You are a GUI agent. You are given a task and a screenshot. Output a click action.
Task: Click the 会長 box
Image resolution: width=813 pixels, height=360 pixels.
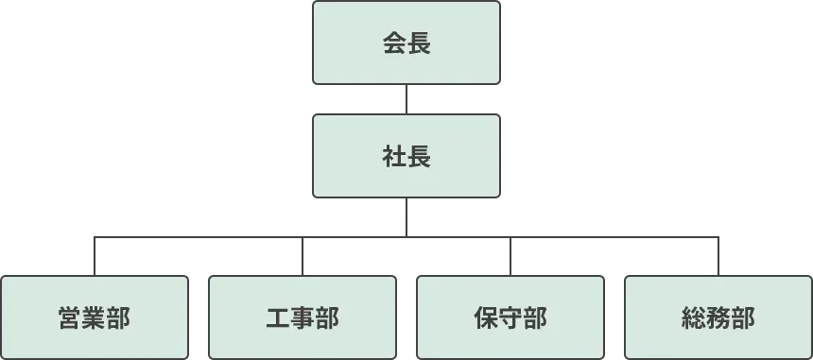[406, 43]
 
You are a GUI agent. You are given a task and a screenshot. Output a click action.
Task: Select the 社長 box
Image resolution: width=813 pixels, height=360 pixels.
[406, 156]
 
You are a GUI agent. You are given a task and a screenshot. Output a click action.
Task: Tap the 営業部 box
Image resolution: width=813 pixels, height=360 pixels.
[95, 317]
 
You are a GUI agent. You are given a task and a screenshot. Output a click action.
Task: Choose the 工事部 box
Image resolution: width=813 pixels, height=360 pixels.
[303, 317]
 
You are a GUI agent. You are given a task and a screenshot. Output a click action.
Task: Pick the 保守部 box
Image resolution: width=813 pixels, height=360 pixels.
[510, 317]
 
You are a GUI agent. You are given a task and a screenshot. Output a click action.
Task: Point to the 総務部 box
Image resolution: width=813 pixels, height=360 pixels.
[718, 317]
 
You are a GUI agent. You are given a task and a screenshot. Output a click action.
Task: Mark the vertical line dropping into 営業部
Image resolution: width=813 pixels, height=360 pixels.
[95, 257]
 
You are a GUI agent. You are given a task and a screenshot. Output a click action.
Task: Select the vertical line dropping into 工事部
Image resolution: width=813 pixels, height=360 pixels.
[303, 257]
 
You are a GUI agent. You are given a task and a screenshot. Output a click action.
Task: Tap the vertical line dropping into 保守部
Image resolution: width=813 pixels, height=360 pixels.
[510, 257]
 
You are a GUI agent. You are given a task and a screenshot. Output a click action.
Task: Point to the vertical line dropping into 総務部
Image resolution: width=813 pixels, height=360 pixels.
[718, 257]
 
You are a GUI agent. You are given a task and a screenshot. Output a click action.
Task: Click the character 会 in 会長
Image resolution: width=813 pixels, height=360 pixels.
[393, 43]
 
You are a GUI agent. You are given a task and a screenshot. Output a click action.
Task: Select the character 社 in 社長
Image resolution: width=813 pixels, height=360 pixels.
[393, 156]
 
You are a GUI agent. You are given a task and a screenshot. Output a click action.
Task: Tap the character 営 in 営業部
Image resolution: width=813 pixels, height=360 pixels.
[70, 318]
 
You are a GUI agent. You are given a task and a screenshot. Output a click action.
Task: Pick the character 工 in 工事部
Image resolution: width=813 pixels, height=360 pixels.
[278, 318]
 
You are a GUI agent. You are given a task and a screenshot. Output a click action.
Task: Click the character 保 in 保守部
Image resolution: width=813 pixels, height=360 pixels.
[486, 318]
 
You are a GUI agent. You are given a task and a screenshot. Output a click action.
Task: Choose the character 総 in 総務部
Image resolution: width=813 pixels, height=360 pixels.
[694, 318]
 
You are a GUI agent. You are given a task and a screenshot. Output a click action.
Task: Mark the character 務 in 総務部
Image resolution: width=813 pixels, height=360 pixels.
[718, 318]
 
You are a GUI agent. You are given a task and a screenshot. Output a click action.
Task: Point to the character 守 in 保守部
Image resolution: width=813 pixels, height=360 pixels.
[510, 318]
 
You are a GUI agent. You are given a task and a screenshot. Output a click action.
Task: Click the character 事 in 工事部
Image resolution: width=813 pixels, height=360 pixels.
[303, 318]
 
